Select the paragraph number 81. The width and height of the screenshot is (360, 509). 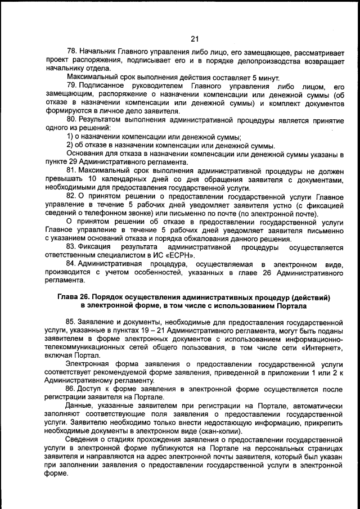click(71, 170)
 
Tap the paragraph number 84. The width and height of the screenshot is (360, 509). click(71, 263)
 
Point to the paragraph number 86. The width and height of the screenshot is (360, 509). click(71, 388)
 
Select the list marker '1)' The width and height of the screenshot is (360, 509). click(71, 136)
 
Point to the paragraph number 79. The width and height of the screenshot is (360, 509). click(71, 85)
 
